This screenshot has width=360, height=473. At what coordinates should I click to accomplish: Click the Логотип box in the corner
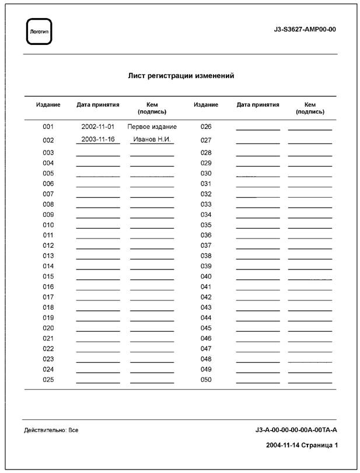coord(40,31)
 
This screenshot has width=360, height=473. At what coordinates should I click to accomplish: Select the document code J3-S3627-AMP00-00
coord(305,29)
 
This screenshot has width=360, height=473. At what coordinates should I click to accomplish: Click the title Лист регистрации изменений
coord(181,76)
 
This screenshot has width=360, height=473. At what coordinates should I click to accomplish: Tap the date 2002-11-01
coord(98,127)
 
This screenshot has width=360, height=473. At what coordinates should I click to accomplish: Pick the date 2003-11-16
coord(98,139)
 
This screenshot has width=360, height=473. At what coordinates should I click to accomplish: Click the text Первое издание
coord(152,127)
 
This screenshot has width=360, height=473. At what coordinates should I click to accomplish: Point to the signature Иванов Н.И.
coord(152,139)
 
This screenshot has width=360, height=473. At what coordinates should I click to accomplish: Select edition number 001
coord(48,127)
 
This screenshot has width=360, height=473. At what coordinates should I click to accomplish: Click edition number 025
coord(48,380)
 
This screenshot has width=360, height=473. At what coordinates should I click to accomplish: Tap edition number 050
coord(205,380)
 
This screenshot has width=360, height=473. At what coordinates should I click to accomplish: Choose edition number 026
coord(205,127)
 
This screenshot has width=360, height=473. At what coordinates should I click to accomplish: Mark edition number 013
coord(48,256)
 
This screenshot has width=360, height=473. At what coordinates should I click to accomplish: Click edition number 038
coord(205,256)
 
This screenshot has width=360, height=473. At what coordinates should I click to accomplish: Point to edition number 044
coord(205,318)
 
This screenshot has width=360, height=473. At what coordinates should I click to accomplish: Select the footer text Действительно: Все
coord(51,430)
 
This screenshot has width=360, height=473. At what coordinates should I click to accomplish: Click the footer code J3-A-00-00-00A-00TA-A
coord(296,430)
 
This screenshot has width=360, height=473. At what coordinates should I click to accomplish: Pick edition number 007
coord(48,194)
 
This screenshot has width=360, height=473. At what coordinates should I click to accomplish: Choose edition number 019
coord(48,318)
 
